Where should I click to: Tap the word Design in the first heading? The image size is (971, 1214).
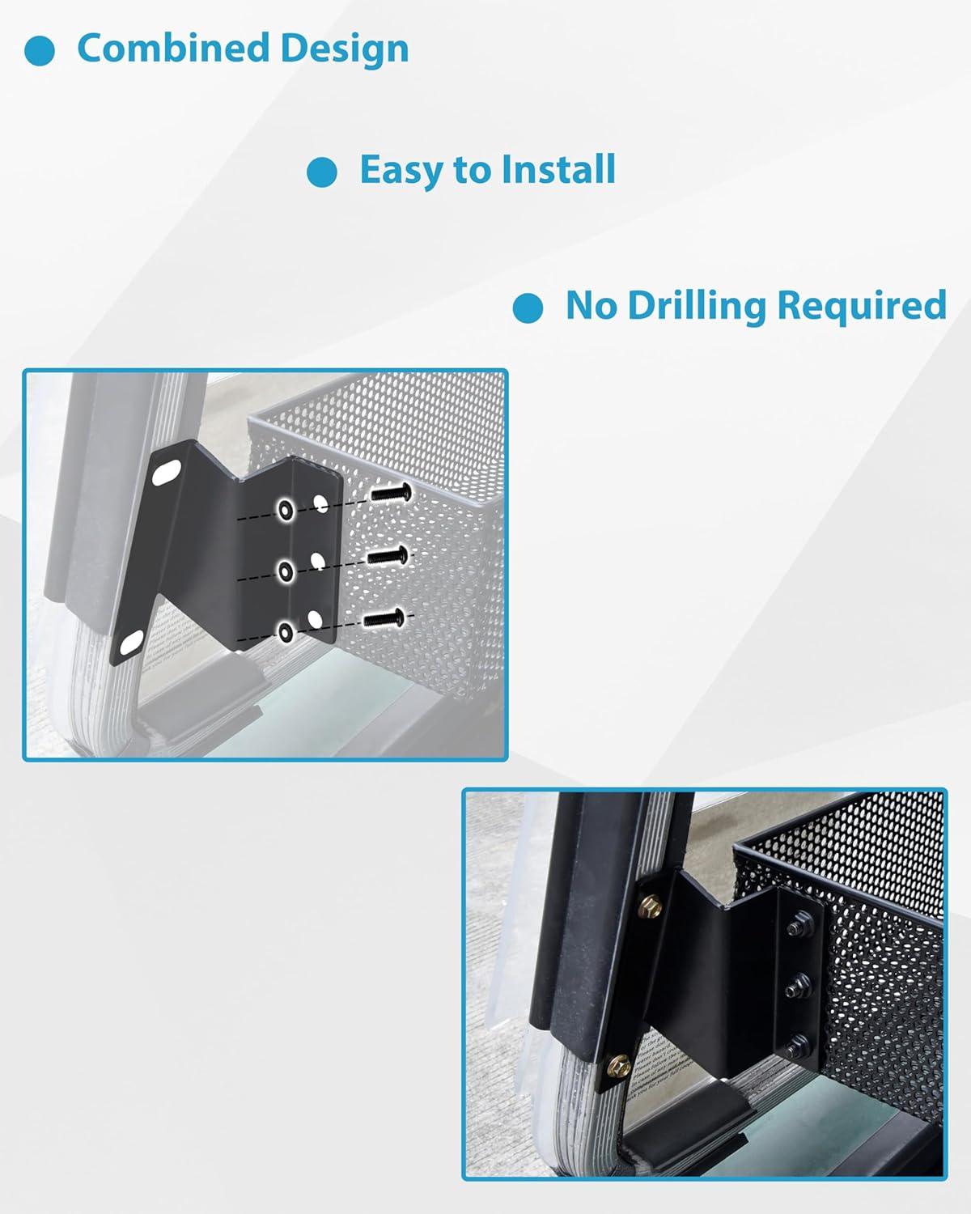coord(345,49)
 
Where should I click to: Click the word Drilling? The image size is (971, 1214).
coord(697,306)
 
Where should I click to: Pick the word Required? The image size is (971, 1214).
coord(862,305)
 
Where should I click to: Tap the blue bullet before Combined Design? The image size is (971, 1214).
coord(40,51)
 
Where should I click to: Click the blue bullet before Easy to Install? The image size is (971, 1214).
coord(321,172)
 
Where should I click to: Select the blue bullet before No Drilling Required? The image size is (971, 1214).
coord(528,308)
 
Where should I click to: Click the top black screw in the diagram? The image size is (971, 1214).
coord(391,494)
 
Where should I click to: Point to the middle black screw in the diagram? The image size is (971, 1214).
coord(388,556)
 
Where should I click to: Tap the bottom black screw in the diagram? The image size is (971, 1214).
coord(384,619)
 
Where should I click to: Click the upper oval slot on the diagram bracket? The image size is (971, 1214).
coord(167,472)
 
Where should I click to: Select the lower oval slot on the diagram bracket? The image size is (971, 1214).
coord(131,644)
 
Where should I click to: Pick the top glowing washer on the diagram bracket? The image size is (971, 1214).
coord(285,509)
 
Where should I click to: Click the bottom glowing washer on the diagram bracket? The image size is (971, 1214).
coord(286,632)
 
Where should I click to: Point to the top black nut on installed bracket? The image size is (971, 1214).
coord(797,927)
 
